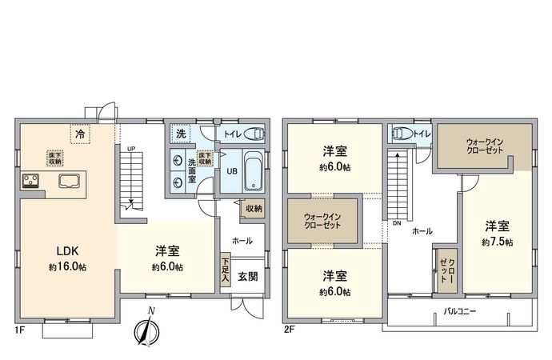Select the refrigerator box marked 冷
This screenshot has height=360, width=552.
[80, 134]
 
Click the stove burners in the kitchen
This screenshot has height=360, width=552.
[31, 180]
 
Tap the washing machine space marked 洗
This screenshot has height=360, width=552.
[181, 134]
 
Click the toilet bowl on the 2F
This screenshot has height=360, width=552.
[402, 133]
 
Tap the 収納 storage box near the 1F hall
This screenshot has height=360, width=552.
[254, 208]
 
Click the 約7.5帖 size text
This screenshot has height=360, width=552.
[497, 242]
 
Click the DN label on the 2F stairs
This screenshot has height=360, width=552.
[396, 223]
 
